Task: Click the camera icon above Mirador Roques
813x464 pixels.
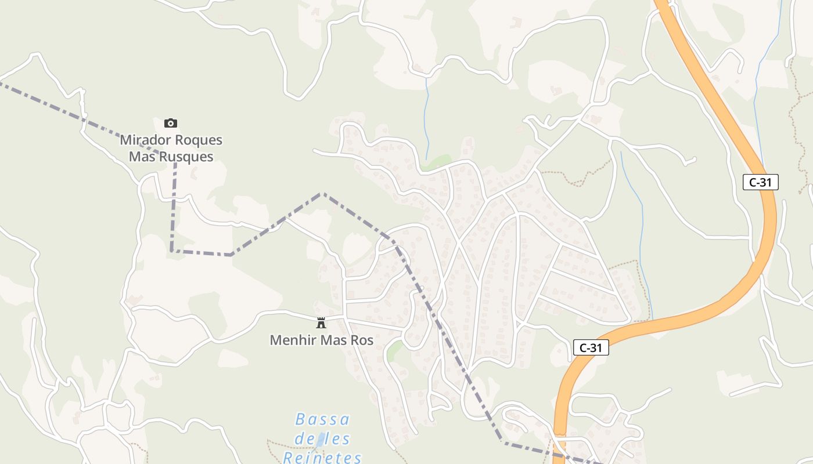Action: tap(170, 123)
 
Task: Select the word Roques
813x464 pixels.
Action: tap(200, 140)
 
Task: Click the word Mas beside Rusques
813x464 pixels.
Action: tap(141, 157)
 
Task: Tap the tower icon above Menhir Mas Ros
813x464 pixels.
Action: tap(321, 323)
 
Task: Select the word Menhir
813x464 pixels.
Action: tap(289, 340)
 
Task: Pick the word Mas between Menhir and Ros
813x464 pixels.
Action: tap(330, 340)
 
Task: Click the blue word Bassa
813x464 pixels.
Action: tap(322, 419)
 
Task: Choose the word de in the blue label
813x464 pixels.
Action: tap(304, 439)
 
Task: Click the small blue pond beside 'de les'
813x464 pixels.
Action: tap(320, 440)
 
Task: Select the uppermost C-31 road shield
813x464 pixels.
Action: tap(760, 182)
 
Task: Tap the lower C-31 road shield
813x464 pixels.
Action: tap(591, 348)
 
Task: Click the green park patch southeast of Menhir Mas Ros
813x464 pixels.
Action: tap(395, 350)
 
